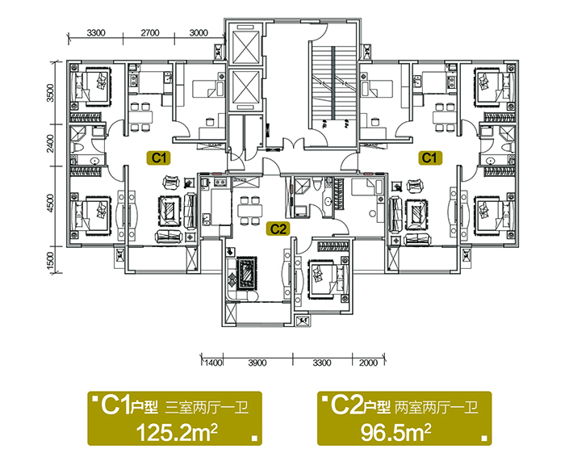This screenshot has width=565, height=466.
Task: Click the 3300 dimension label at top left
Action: [x=96, y=33]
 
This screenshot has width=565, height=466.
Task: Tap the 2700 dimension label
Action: [x=150, y=33]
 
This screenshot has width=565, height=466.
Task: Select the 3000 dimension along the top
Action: [x=199, y=33]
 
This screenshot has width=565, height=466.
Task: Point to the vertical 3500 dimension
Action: [x=50, y=93]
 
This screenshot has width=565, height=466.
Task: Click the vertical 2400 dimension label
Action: [x=50, y=144]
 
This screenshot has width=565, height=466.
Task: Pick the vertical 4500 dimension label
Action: [x=50, y=204]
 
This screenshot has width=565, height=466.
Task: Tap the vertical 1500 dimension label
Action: [x=50, y=260]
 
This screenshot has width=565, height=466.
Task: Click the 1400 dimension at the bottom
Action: [x=213, y=363]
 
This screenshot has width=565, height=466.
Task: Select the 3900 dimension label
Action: [x=257, y=363]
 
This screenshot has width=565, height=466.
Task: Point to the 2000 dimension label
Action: [x=368, y=363]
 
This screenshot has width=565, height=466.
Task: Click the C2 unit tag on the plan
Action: [x=278, y=229]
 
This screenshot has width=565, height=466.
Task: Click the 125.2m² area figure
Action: [x=177, y=433]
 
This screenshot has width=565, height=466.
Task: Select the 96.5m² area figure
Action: [x=395, y=433]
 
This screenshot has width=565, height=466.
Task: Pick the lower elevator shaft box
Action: [x=246, y=86]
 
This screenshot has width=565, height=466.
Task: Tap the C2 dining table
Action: [x=249, y=210]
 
